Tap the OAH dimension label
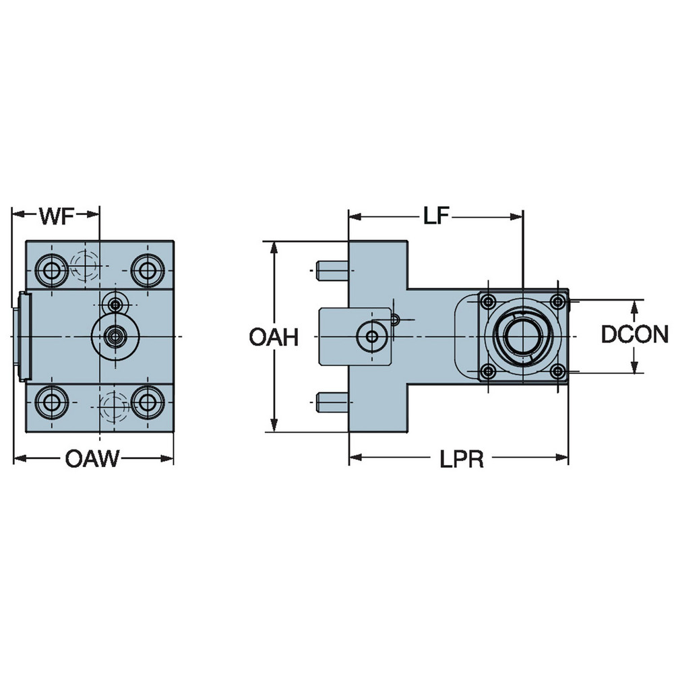click(273, 337)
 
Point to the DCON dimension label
click(634, 335)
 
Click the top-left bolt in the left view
click(50, 271)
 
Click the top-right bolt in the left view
click(145, 271)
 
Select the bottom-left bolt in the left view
click(50, 402)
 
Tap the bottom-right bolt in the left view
click(145, 402)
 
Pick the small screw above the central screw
click(117, 305)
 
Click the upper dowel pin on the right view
click(331, 271)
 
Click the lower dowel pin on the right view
click(331, 402)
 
